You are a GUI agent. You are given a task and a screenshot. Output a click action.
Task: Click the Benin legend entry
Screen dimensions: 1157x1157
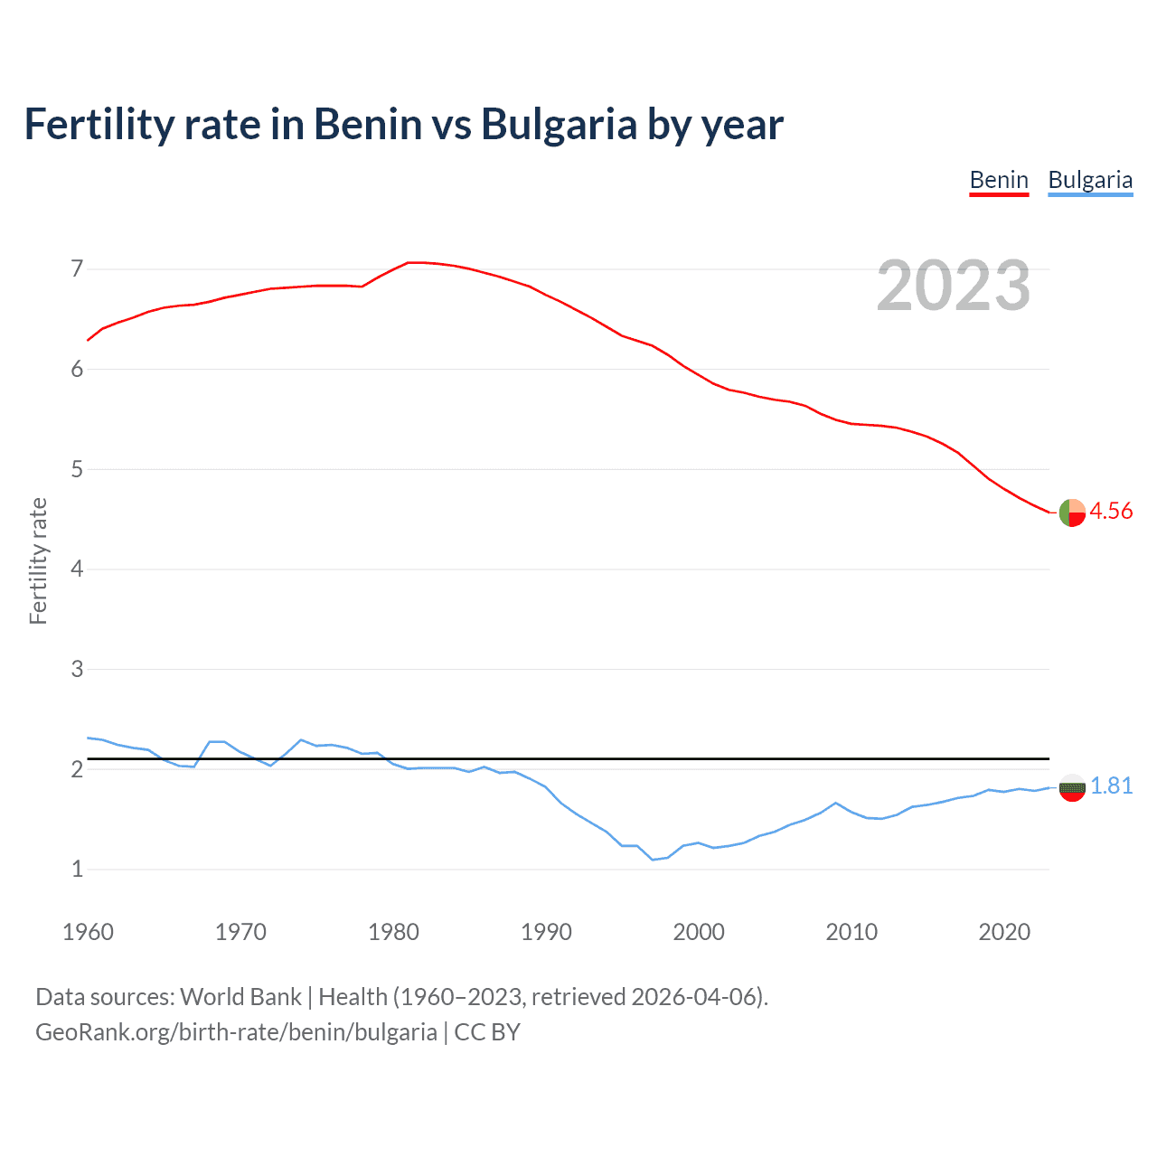[x=999, y=180]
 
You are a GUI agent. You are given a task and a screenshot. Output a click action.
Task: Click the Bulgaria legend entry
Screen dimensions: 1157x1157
[x=1090, y=180]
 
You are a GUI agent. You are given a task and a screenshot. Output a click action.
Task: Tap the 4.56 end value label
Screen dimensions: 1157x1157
[x=1111, y=511]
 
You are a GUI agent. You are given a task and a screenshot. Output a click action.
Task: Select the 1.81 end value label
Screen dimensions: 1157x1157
[x=1112, y=785]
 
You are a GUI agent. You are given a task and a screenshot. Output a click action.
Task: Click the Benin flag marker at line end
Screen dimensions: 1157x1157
[x=1072, y=513]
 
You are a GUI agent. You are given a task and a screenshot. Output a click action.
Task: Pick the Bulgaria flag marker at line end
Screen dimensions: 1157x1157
[x=1072, y=788]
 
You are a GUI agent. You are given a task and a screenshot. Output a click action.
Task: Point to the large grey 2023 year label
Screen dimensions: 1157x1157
[x=954, y=286]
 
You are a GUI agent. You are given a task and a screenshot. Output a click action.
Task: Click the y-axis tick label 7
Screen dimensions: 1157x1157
[x=77, y=268]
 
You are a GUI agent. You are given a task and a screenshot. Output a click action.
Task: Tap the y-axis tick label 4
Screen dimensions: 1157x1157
[x=77, y=569]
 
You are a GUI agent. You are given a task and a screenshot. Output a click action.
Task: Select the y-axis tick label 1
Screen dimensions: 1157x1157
[x=77, y=869]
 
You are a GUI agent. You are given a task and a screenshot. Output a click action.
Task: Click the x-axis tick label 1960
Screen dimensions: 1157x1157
[x=88, y=932]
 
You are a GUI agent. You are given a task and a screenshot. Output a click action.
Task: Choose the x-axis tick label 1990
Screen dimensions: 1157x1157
[x=546, y=932]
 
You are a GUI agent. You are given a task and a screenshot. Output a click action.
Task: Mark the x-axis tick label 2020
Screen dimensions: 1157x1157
[x=1004, y=932]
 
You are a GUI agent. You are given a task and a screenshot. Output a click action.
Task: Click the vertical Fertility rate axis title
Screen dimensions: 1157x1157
[x=38, y=560]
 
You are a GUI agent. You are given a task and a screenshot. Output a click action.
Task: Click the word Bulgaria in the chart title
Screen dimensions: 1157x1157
[x=559, y=124]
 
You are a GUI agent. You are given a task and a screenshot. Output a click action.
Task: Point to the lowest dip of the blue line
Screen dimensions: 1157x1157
[x=653, y=859]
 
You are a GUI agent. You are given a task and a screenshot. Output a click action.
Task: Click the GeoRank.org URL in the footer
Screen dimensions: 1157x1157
[x=236, y=1031]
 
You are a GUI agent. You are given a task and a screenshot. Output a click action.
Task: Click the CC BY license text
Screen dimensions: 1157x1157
[x=487, y=1031]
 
